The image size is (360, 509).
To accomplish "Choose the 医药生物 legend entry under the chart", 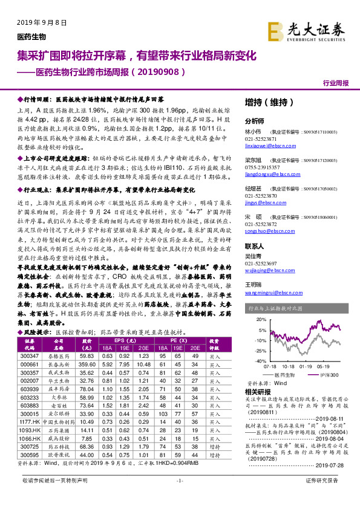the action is (x=281, y=375).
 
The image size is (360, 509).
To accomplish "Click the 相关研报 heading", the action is (x=257, y=392).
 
